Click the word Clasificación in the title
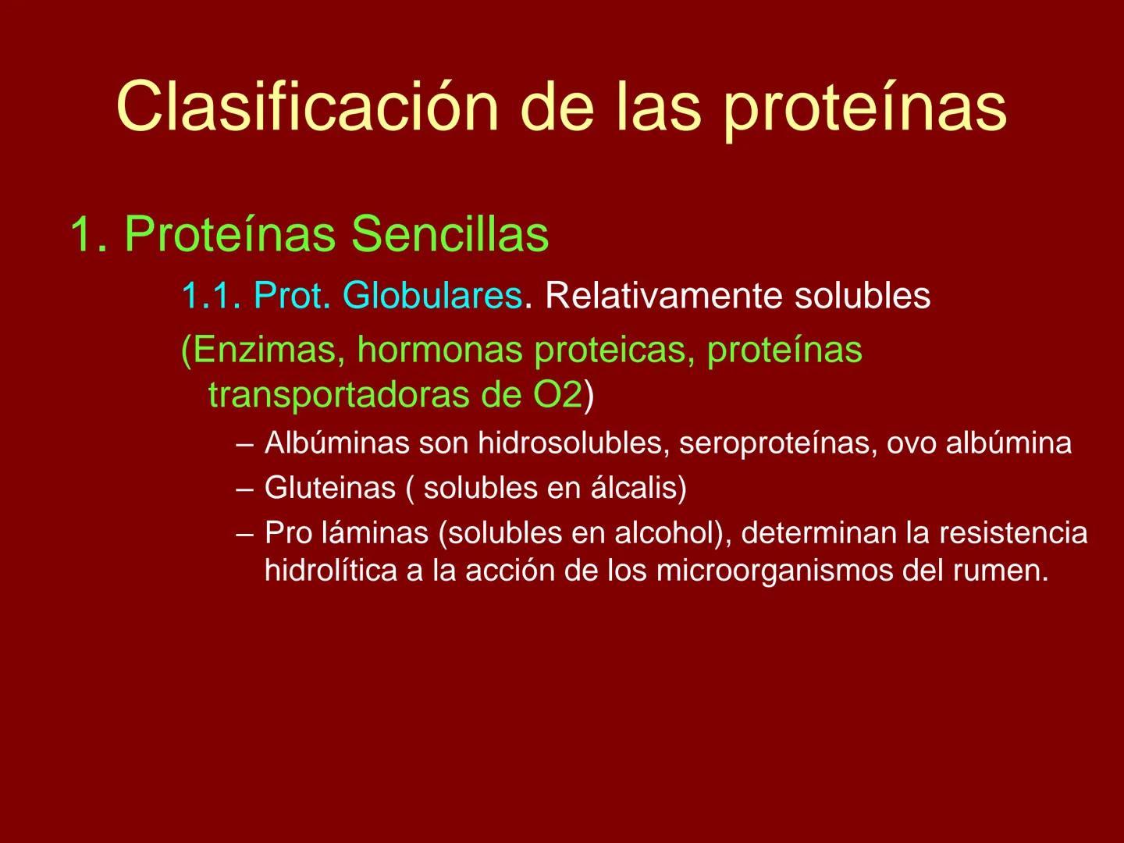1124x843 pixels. [x=307, y=107]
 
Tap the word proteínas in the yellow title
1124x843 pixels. [x=864, y=107]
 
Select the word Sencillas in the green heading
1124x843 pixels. [x=450, y=233]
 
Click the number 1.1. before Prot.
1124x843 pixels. [x=212, y=296]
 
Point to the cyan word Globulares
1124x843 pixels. [x=432, y=296]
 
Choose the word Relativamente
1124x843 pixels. [x=663, y=296]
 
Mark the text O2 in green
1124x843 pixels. [x=557, y=395]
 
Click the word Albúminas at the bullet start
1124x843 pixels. [x=336, y=443]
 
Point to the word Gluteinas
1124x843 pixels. [x=329, y=488]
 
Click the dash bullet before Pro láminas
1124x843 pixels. [x=245, y=534]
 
